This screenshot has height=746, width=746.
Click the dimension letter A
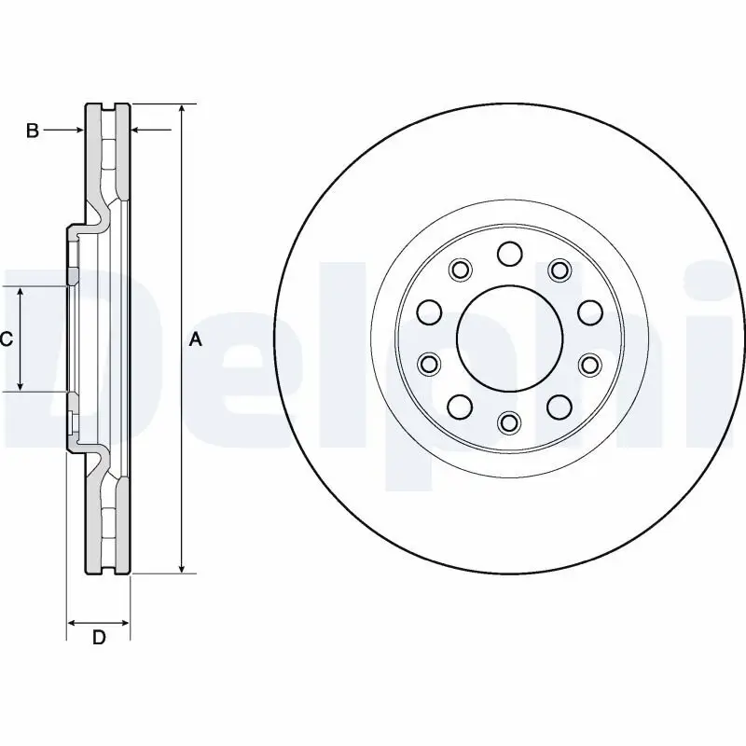click(195, 339)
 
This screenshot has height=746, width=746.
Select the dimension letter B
click(32, 131)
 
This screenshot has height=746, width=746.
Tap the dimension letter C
click(6, 339)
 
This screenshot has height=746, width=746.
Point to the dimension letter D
click(98, 638)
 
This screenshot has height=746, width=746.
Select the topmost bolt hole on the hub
click(509, 253)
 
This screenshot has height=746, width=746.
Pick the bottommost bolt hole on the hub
click(509, 423)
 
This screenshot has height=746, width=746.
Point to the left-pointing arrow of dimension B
click(137, 131)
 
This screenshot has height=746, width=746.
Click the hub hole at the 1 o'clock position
click(559, 270)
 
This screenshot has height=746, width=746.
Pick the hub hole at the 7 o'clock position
click(460, 406)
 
